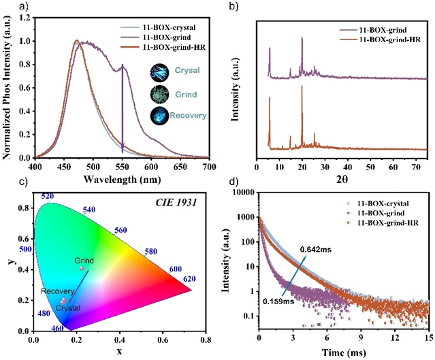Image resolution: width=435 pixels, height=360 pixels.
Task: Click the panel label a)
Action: [x=8, y=6]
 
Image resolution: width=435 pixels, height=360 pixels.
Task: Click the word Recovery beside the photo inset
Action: [x=189, y=116]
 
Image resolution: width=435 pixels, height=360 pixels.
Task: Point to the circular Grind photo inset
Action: [x=157, y=93]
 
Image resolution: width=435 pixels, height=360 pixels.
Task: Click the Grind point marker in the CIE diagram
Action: [x=82, y=268]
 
